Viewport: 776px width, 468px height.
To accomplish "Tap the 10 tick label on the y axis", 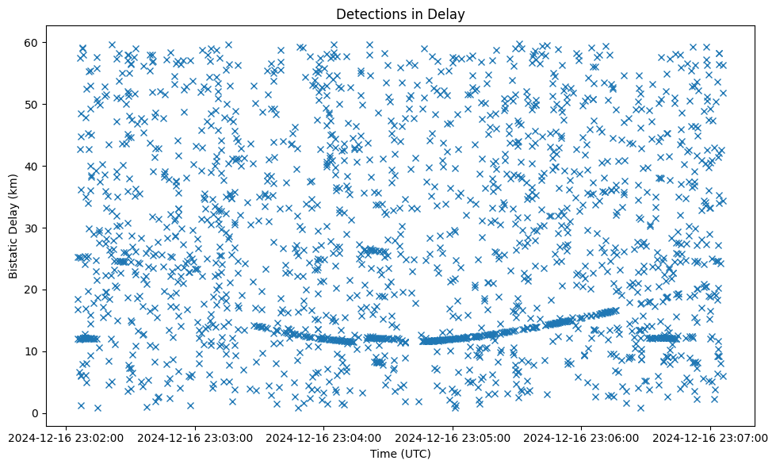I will coord(33,351).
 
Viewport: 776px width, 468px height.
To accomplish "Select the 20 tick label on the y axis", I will coord(33,290).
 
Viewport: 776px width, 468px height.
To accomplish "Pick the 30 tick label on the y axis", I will coord(33,228).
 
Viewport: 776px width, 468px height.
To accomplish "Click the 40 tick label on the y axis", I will coord(33,166).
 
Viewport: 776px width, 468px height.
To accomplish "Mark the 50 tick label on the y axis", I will coord(33,104).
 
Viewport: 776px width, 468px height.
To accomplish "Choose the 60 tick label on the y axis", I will coord(33,42).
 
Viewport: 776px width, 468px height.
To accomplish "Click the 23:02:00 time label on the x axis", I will coord(66,436).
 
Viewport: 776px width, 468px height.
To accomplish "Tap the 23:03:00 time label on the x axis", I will coord(195,436).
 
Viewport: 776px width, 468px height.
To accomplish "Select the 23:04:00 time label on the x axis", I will coord(323,436).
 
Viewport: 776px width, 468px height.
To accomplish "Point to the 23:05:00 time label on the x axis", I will coord(453,436).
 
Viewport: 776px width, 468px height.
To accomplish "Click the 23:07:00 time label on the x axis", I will coord(710,436).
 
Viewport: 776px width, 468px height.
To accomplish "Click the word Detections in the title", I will coord(365,13).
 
